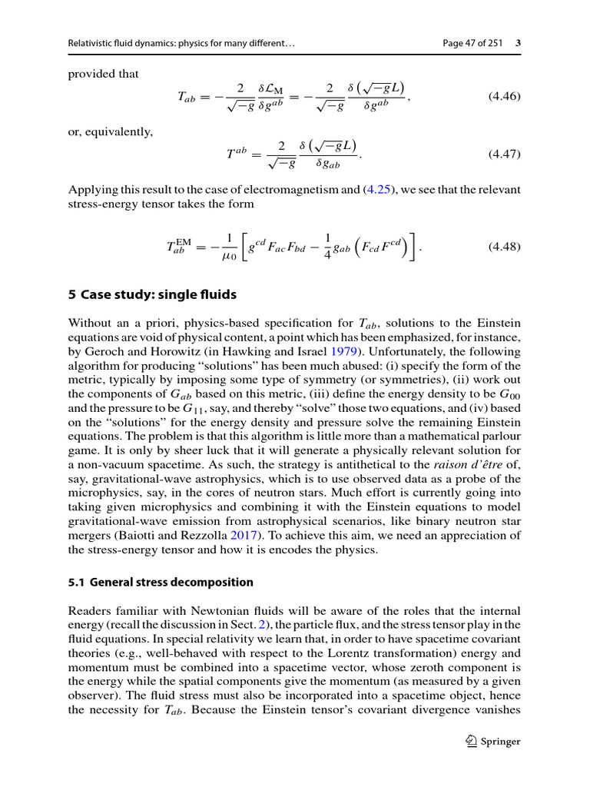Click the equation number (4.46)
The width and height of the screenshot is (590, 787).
[x=504, y=97]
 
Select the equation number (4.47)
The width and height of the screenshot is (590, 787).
[x=504, y=154]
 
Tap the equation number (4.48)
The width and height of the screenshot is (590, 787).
[x=504, y=247]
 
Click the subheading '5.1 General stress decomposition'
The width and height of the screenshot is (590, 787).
[x=161, y=583]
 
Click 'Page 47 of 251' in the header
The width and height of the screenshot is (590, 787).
[x=473, y=43]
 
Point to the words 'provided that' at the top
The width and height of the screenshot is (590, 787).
[x=104, y=75]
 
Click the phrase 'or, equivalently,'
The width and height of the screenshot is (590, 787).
[x=111, y=132]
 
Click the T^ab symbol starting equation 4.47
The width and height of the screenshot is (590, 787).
[x=236, y=154]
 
